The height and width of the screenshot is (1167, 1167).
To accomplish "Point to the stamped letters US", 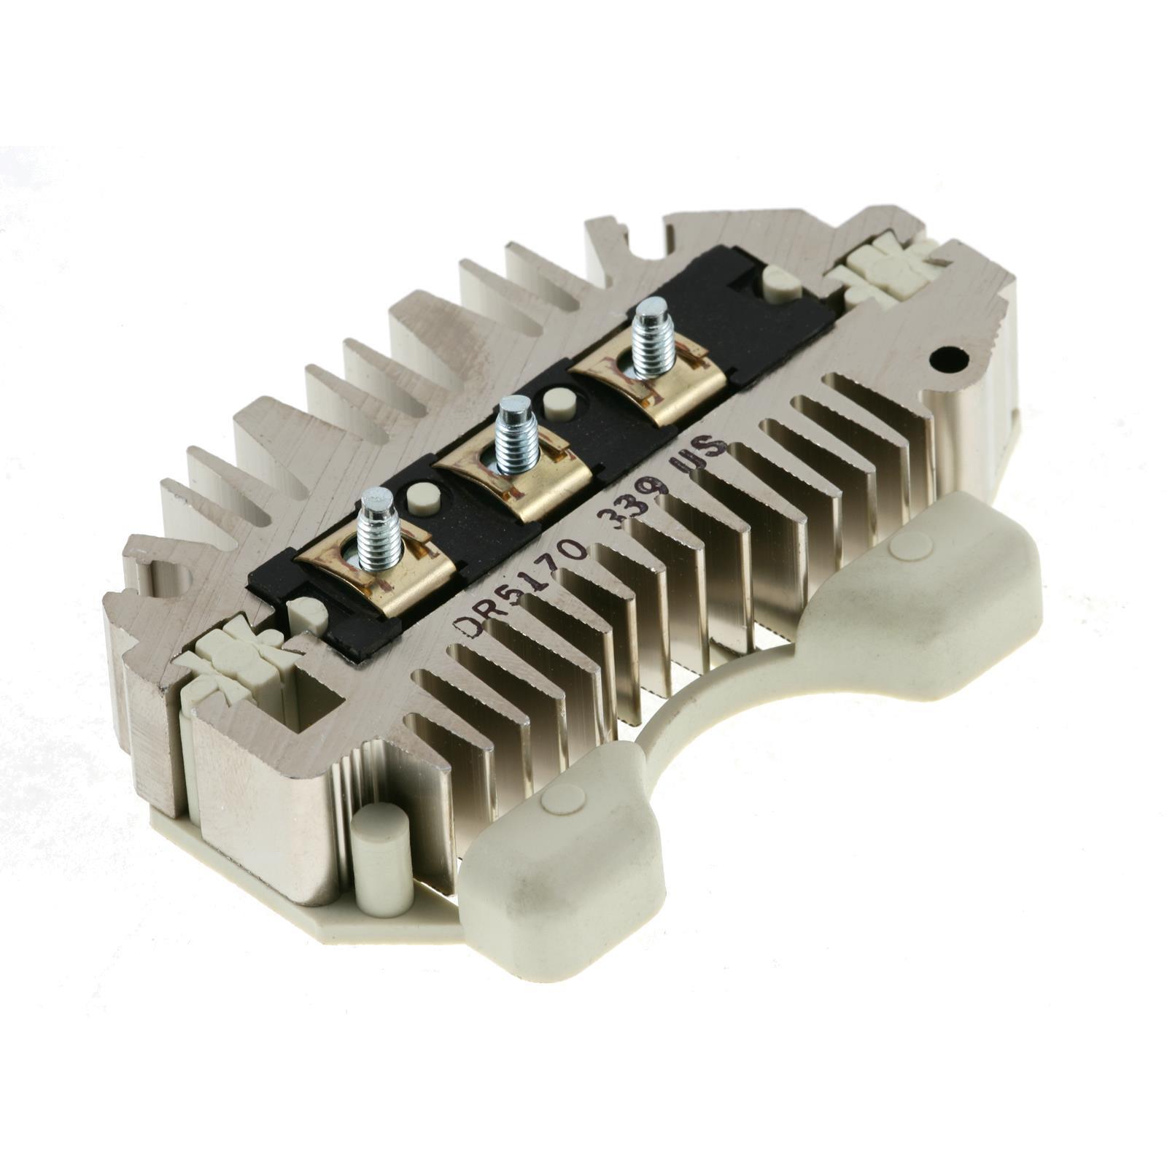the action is click(700, 451).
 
